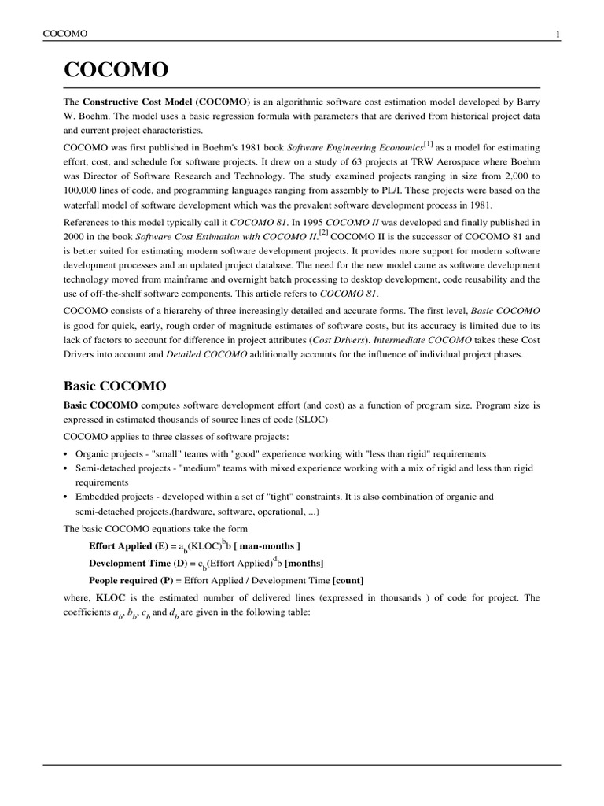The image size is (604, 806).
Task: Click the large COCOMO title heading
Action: point(116,70)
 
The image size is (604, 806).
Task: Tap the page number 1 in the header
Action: point(558,34)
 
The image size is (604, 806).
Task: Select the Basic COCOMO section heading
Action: point(115,386)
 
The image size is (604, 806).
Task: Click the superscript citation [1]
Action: point(428,142)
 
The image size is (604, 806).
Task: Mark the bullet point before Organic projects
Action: point(66,454)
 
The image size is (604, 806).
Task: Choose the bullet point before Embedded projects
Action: point(66,497)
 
